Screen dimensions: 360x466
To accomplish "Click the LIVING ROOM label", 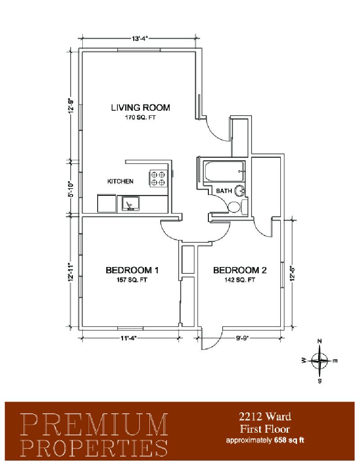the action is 140,108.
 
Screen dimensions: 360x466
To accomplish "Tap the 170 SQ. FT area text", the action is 140,118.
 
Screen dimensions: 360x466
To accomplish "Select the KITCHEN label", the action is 120,181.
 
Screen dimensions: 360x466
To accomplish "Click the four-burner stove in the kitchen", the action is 157,178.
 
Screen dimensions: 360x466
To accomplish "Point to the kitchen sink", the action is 130,204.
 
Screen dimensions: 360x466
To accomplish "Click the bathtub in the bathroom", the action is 224,171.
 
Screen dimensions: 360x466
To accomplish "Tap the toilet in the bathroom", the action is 234,207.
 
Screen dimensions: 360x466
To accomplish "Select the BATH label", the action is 224,191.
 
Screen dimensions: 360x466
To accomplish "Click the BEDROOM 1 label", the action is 132,270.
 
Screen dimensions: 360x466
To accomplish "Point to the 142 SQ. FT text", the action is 240,280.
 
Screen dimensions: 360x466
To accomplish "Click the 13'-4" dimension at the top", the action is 139,38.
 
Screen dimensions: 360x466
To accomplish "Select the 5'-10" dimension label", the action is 70,189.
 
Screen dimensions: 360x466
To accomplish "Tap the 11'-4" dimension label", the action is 128,338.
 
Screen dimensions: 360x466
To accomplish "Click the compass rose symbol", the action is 319,361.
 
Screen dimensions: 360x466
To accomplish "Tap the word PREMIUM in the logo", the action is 95,425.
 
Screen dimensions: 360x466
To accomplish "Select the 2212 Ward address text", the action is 265,416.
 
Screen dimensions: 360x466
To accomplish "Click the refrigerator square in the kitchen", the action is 107,204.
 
